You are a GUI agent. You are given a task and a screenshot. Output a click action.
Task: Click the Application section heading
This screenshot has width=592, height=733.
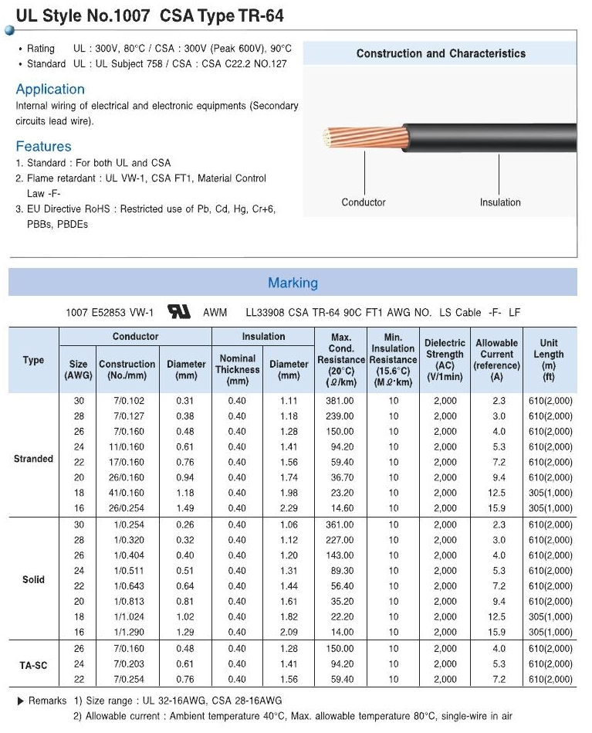(50, 89)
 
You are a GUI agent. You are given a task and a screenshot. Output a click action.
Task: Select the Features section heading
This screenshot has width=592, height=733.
(43, 146)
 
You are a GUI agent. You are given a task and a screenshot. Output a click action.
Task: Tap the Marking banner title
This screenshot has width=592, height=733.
(293, 283)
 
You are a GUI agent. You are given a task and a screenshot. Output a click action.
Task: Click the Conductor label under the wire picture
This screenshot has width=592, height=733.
(364, 202)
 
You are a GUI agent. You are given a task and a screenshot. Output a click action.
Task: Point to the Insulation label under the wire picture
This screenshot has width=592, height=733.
(500, 202)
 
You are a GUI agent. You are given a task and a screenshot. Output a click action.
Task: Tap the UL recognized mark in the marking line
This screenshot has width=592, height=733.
(179, 312)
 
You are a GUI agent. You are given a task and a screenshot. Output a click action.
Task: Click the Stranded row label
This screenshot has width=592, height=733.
(33, 459)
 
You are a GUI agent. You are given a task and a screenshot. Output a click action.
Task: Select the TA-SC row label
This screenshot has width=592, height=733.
(33, 663)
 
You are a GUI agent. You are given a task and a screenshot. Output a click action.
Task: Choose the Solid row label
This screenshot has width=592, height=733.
(33, 579)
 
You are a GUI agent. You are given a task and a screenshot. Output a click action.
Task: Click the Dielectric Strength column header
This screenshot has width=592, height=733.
(445, 360)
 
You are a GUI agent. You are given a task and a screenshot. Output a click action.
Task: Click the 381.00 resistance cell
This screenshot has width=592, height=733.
(340, 401)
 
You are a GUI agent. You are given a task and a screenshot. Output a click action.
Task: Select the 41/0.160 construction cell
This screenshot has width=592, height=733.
(127, 493)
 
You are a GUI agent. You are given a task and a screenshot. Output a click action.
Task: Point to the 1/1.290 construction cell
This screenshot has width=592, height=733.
(127, 633)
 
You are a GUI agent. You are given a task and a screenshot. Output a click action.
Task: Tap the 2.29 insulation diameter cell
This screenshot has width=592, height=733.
(289, 508)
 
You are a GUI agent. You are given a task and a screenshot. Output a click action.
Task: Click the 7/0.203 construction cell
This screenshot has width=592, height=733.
(127, 663)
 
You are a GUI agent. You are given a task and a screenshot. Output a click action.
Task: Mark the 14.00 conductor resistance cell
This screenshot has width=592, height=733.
(340, 633)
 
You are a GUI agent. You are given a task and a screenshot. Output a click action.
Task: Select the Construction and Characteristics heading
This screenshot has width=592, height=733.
(441, 53)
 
